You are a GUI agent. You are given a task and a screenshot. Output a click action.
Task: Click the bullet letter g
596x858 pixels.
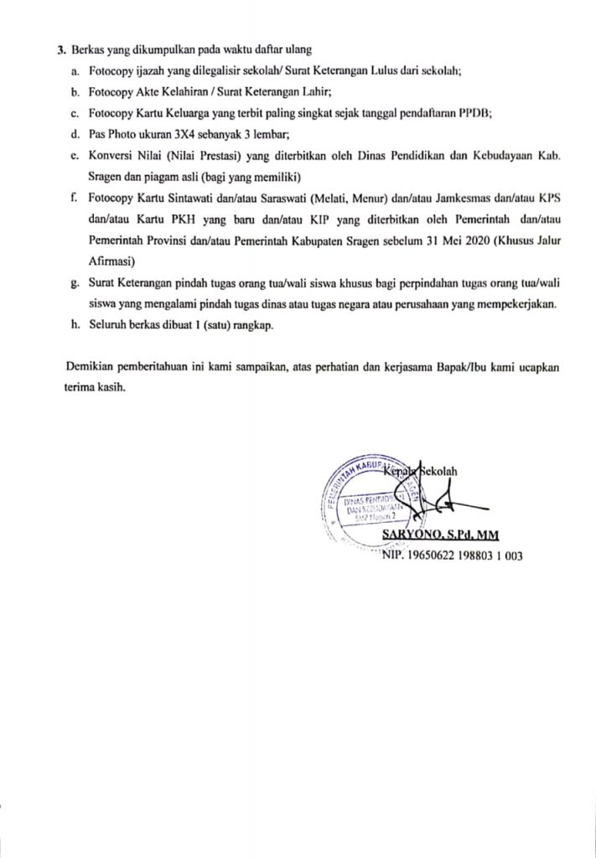point(75,283)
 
